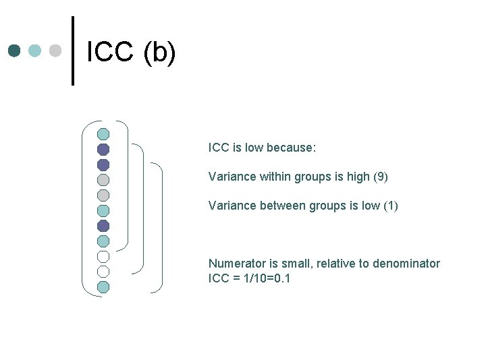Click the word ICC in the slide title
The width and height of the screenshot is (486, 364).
tap(110, 53)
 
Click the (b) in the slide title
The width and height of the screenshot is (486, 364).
tap(159, 53)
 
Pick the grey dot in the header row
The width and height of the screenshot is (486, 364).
tap(56, 51)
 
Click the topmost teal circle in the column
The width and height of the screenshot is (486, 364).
tap(103, 133)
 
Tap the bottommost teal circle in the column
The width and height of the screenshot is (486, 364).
tap(103, 286)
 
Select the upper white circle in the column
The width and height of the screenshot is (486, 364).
tap(103, 256)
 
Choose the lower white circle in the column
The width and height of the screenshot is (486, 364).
tap(103, 272)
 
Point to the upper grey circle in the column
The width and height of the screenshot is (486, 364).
tap(103, 179)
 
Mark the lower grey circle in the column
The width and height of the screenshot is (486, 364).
tap(103, 195)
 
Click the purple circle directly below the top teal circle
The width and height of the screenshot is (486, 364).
tap(103, 149)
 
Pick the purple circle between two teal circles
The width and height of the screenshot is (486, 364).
tap(103, 225)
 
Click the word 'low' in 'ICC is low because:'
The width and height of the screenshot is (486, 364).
tap(255, 147)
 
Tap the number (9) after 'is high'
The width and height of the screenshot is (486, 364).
tap(380, 177)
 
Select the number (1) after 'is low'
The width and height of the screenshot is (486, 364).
tap(390, 206)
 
